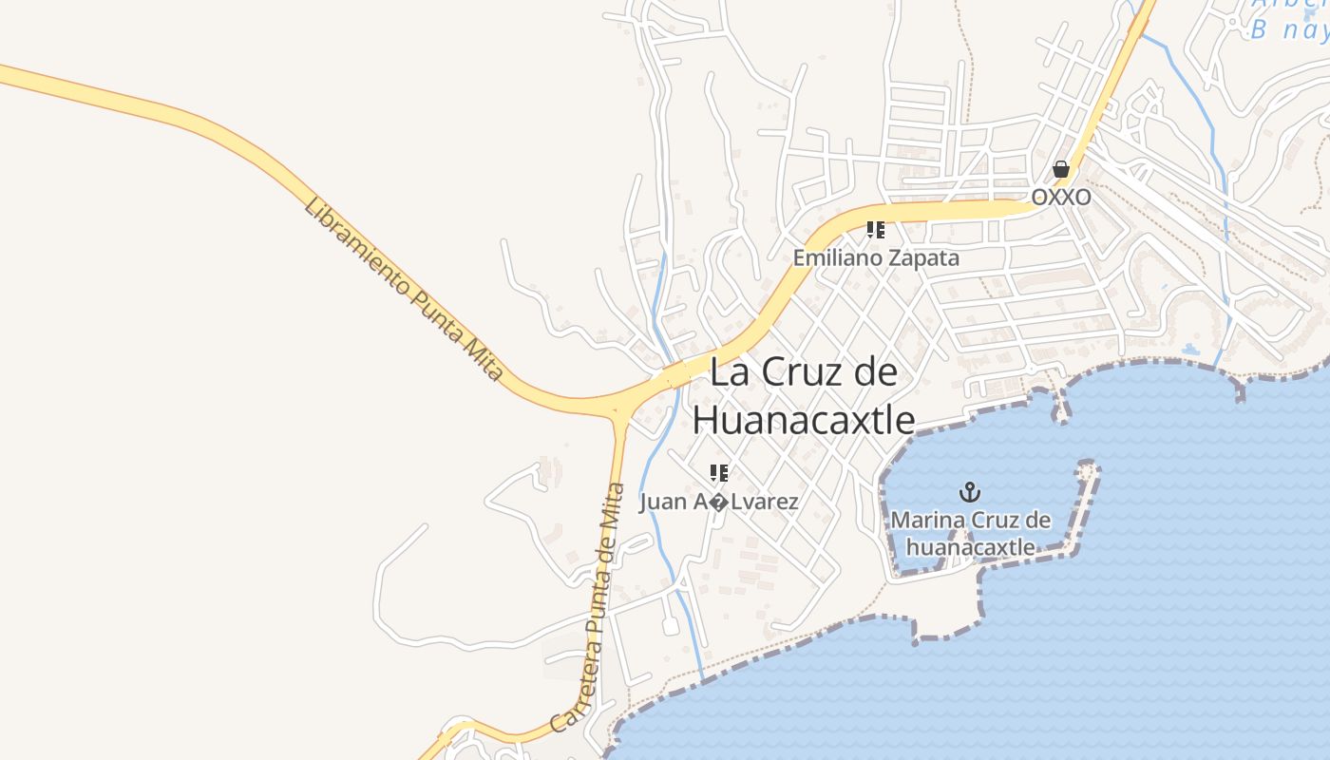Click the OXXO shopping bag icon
click(1061, 169)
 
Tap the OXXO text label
click(1061, 197)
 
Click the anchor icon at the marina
click(970, 492)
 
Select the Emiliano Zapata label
click(876, 257)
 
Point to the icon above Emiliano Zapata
click(876, 230)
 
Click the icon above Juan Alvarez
click(719, 472)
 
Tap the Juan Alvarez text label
click(719, 502)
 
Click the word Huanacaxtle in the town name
click(804, 419)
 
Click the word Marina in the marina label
click(927, 520)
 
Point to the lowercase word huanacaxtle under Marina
click(970, 547)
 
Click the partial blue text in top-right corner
click(1288, 19)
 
